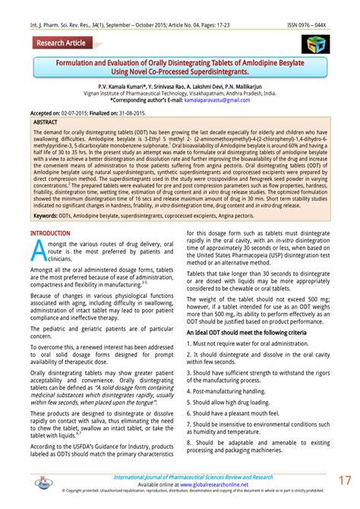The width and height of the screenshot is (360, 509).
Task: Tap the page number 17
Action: tap(344, 482)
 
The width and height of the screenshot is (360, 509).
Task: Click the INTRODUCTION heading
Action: tap(49, 233)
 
